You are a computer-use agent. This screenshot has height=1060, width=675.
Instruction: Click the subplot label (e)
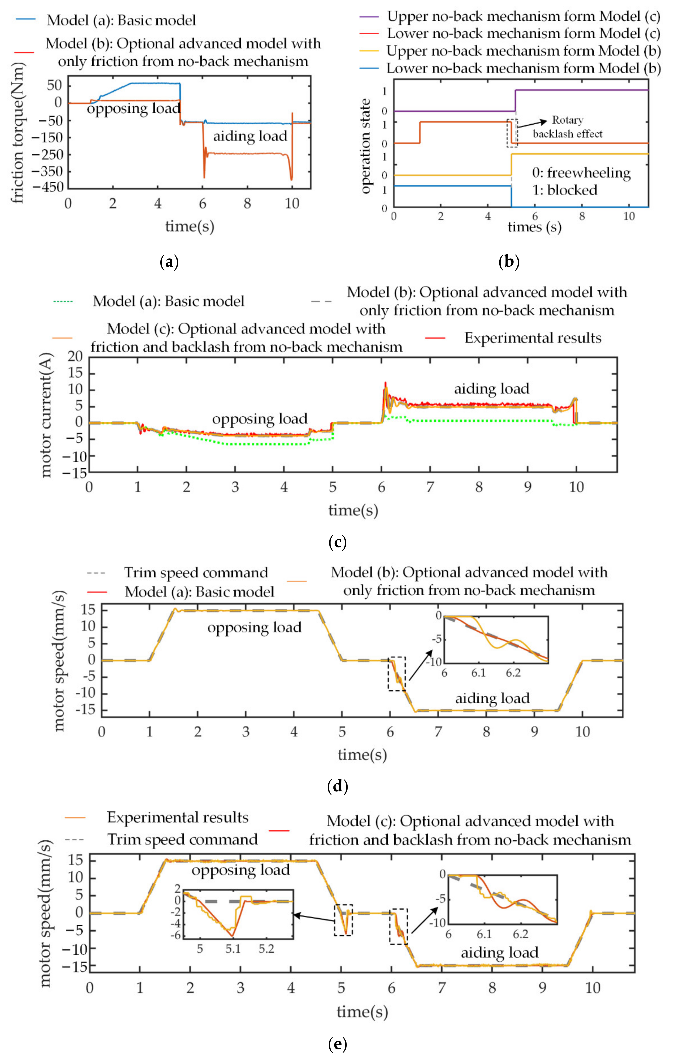(338, 1044)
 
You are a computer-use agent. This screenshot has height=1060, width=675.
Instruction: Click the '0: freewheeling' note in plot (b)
(581, 173)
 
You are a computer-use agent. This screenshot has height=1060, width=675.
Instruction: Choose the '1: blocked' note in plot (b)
(565, 190)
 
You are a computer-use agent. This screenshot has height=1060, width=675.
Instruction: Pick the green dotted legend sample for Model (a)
(62, 302)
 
